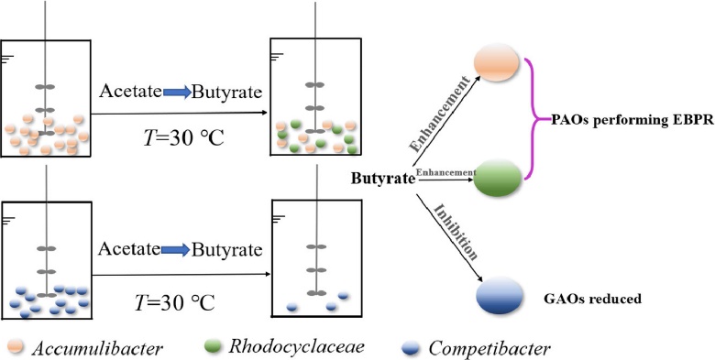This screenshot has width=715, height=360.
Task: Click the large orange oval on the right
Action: tap(496, 62)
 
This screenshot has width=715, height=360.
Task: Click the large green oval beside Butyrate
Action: tap(497, 178)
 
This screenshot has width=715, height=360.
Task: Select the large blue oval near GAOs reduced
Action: tap(500, 295)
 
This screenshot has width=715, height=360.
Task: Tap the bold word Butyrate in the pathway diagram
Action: tap(383, 180)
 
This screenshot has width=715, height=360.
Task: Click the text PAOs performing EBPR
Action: tap(632, 121)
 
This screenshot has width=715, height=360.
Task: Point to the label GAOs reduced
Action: tap(593, 299)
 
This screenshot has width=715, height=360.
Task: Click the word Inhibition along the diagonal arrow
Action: tap(455, 232)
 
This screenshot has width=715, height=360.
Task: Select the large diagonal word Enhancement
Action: tap(439, 114)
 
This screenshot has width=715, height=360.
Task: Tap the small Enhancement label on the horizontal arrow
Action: tap(446, 172)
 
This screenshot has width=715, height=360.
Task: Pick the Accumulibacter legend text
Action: tap(97, 349)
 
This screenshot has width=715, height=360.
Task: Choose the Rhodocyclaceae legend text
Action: tap(296, 347)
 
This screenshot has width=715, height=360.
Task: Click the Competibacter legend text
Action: tap(489, 349)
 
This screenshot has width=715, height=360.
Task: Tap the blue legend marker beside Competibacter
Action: tap(412, 349)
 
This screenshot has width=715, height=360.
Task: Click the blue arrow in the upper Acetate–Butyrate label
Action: tap(177, 93)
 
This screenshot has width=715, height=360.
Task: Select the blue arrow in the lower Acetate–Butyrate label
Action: tap(176, 250)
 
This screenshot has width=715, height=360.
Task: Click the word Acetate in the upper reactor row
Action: tap(131, 92)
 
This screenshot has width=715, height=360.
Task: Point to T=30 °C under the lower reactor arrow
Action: tap(175, 301)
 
